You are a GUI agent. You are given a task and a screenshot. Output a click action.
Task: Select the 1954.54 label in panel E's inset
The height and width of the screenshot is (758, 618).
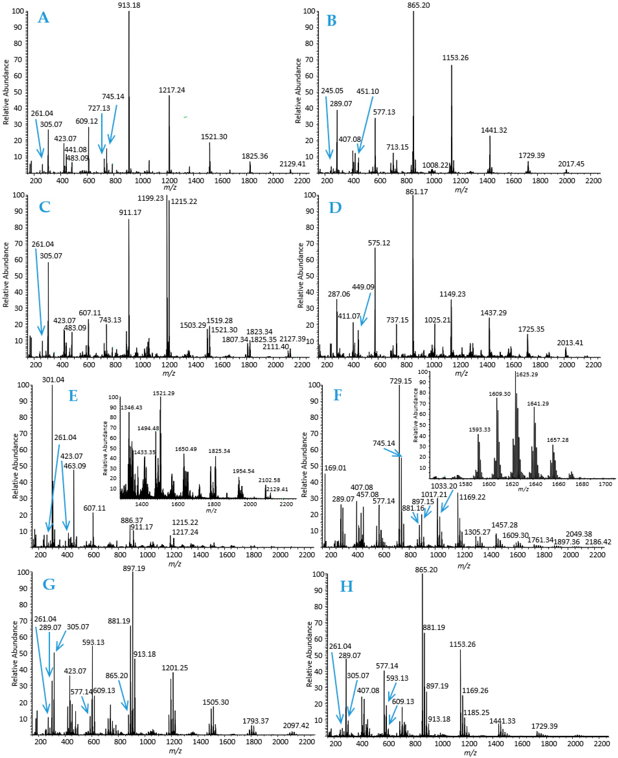pos(244,471)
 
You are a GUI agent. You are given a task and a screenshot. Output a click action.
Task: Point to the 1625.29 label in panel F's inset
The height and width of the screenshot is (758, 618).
pos(527,375)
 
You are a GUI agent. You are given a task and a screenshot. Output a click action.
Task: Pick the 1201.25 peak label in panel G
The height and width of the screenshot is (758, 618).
pos(175,668)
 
